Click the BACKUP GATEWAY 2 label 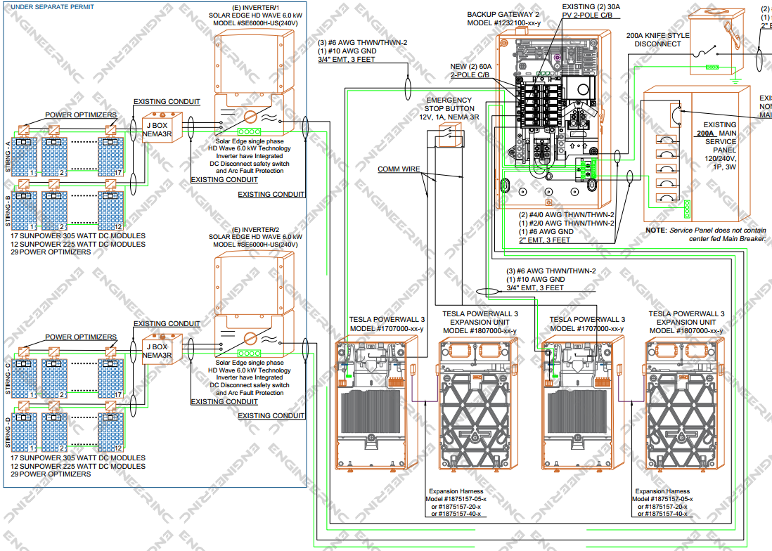[x=503, y=19]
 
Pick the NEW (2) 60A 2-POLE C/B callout [x=470, y=70]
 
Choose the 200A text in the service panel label [x=709, y=132]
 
